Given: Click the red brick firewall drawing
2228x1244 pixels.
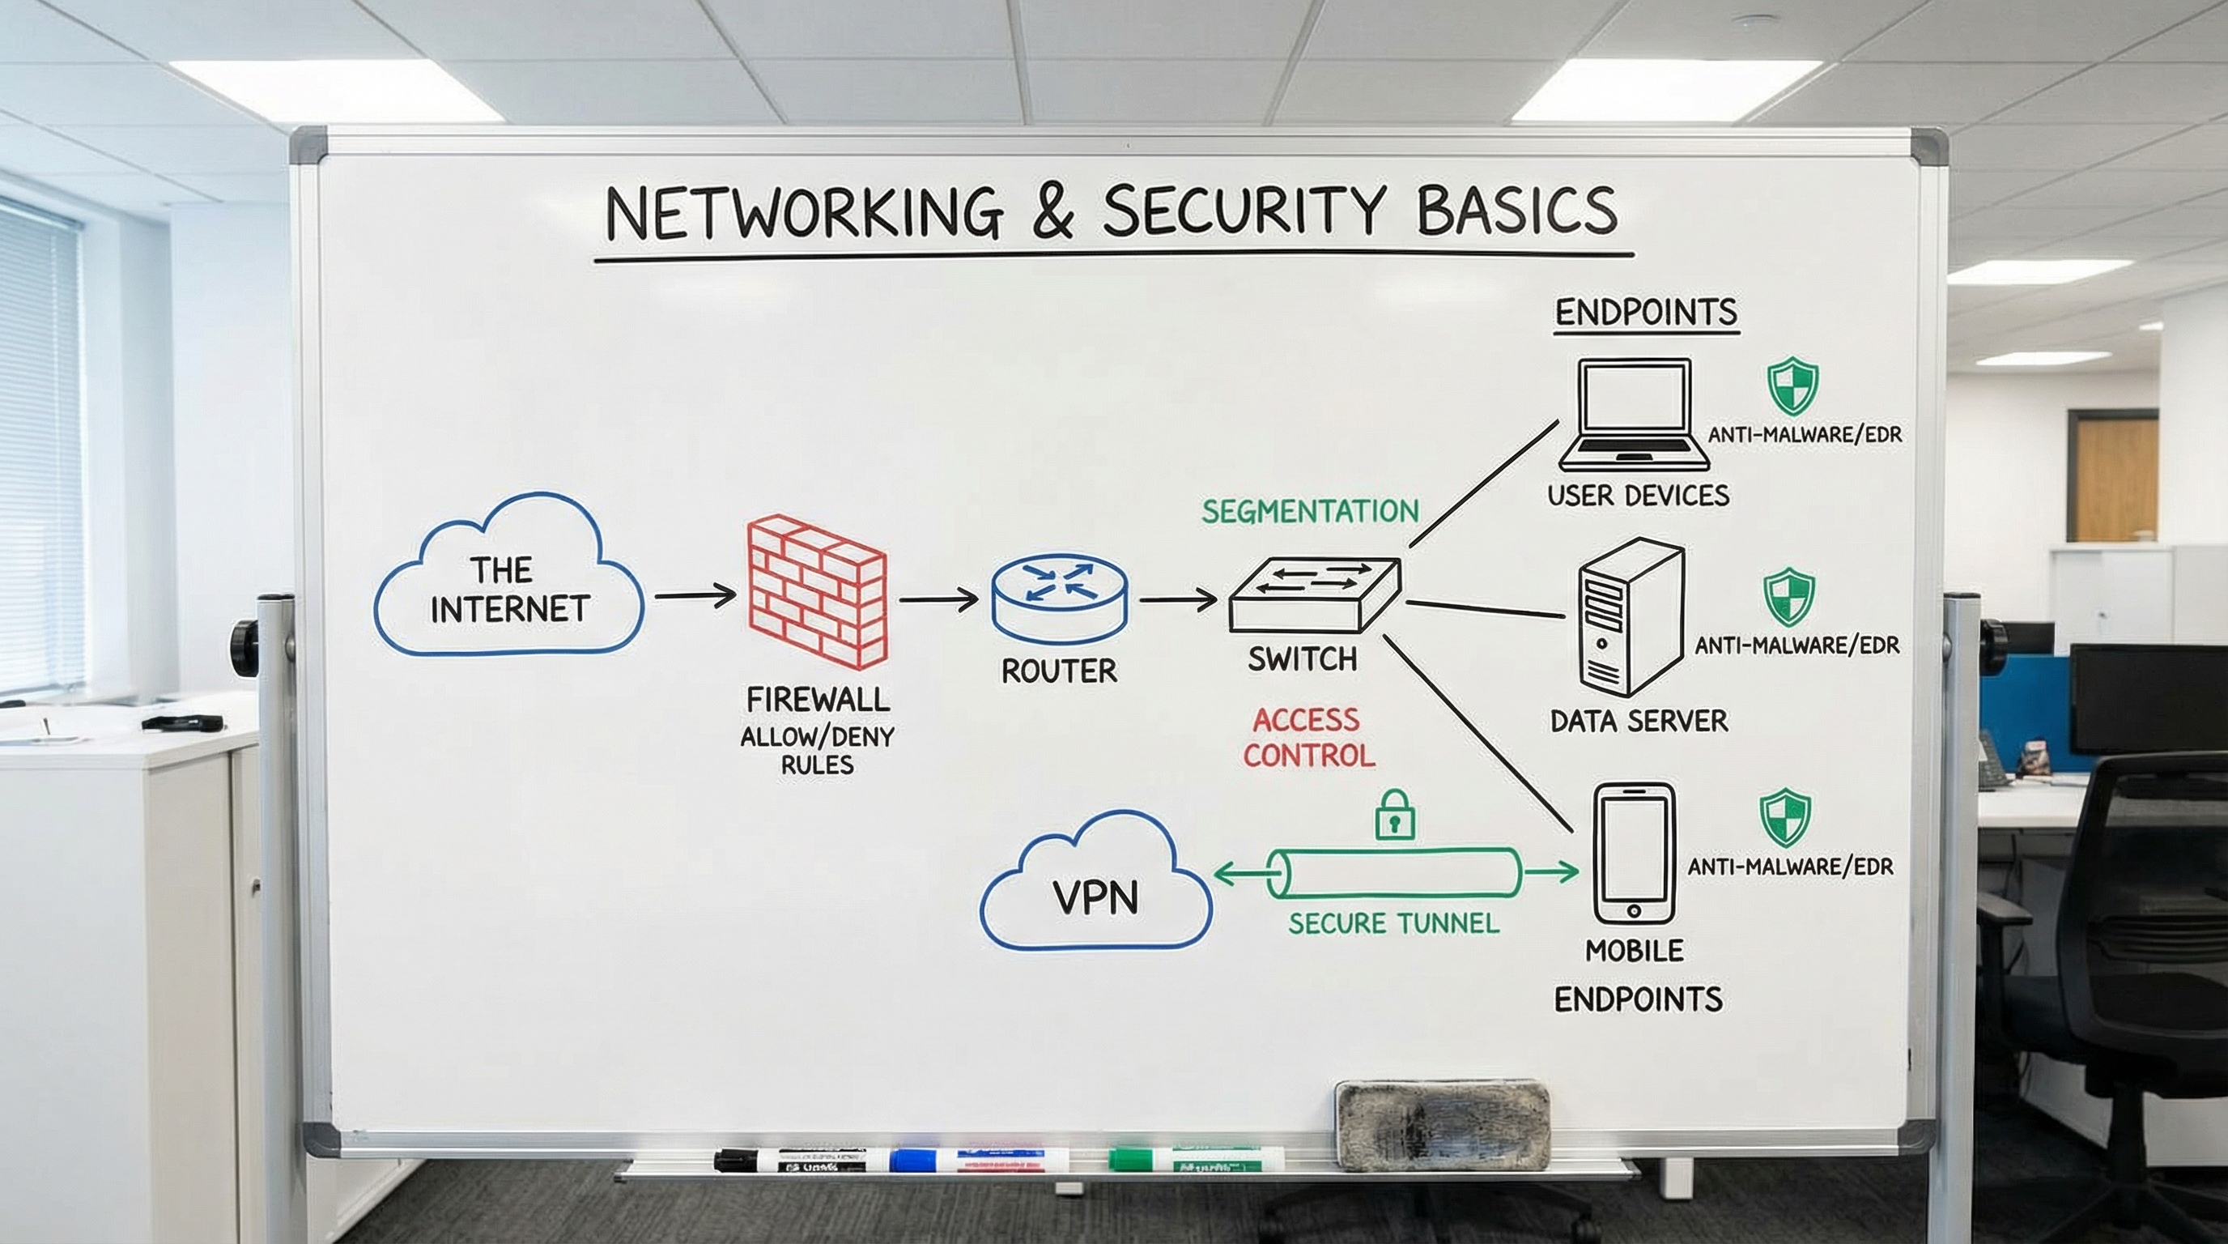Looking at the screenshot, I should [x=816, y=592].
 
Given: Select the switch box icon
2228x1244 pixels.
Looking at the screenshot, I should [x=1313, y=595].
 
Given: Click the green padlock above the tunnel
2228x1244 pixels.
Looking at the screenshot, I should [x=1394, y=816].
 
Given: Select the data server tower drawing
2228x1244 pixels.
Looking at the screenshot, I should [x=1630, y=618].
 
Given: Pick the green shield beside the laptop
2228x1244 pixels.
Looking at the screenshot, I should [x=1791, y=386].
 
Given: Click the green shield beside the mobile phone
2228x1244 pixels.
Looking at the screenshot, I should [x=1784, y=816].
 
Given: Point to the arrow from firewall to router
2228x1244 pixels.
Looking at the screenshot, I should [x=938, y=599].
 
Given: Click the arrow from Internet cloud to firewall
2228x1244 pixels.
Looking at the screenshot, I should [x=695, y=595].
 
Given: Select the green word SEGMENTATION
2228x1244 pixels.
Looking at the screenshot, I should [x=1309, y=511].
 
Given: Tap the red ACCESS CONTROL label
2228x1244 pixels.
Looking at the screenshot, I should [x=1307, y=738].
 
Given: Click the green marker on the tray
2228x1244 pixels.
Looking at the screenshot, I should [x=1195, y=1159].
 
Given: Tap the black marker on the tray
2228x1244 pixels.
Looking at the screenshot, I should [x=789, y=1160].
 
